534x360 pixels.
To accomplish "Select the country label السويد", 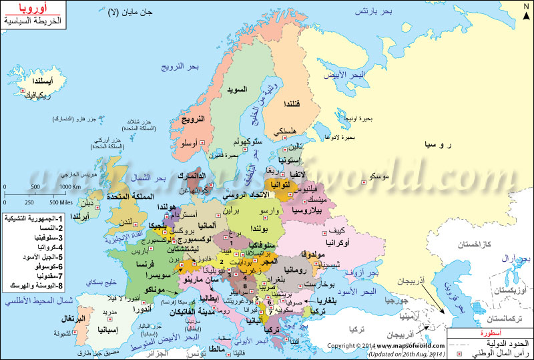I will pyautogui.click(x=236, y=89).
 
